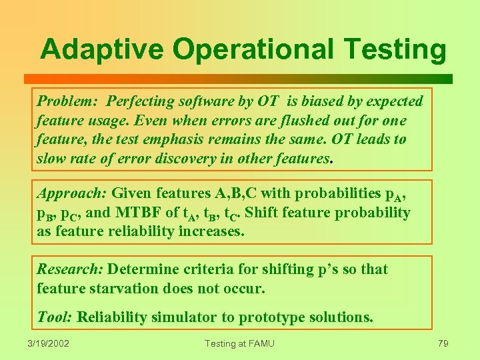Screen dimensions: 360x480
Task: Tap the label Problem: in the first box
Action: pos(67,101)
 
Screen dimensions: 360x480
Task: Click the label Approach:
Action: pos(71,194)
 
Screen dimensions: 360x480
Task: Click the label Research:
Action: pos(69,269)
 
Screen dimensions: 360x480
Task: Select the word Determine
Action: pos(141,269)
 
